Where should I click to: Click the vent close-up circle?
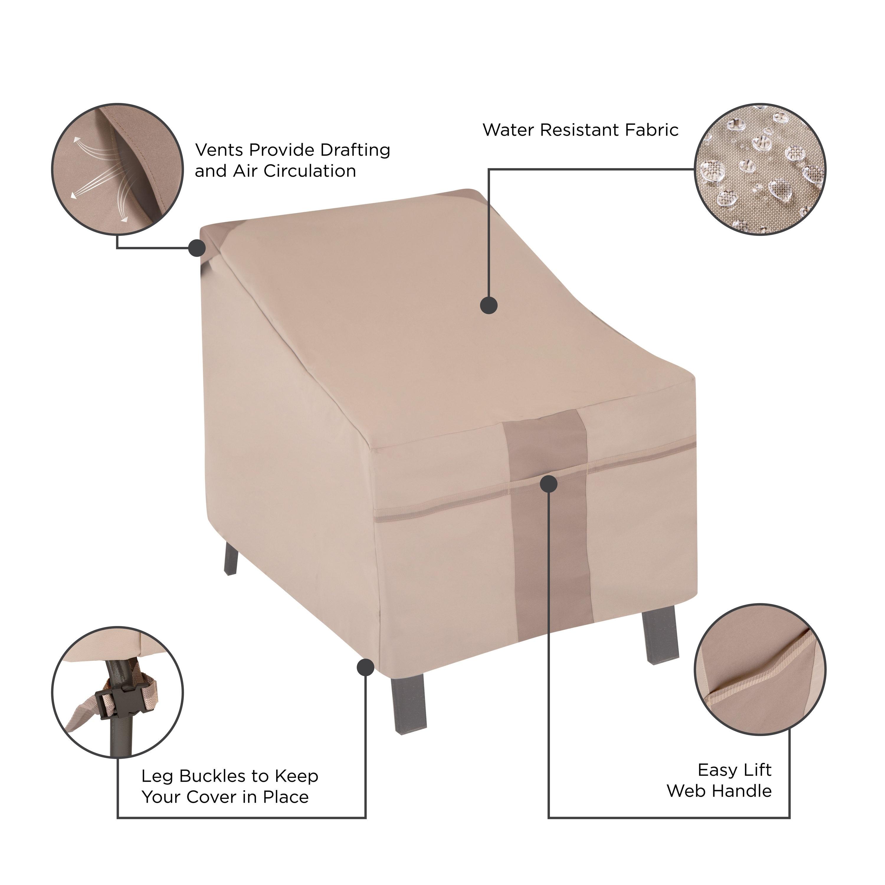tap(117, 169)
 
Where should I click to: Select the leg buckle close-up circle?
tap(117, 692)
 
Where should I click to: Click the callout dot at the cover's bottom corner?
tap(365, 667)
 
